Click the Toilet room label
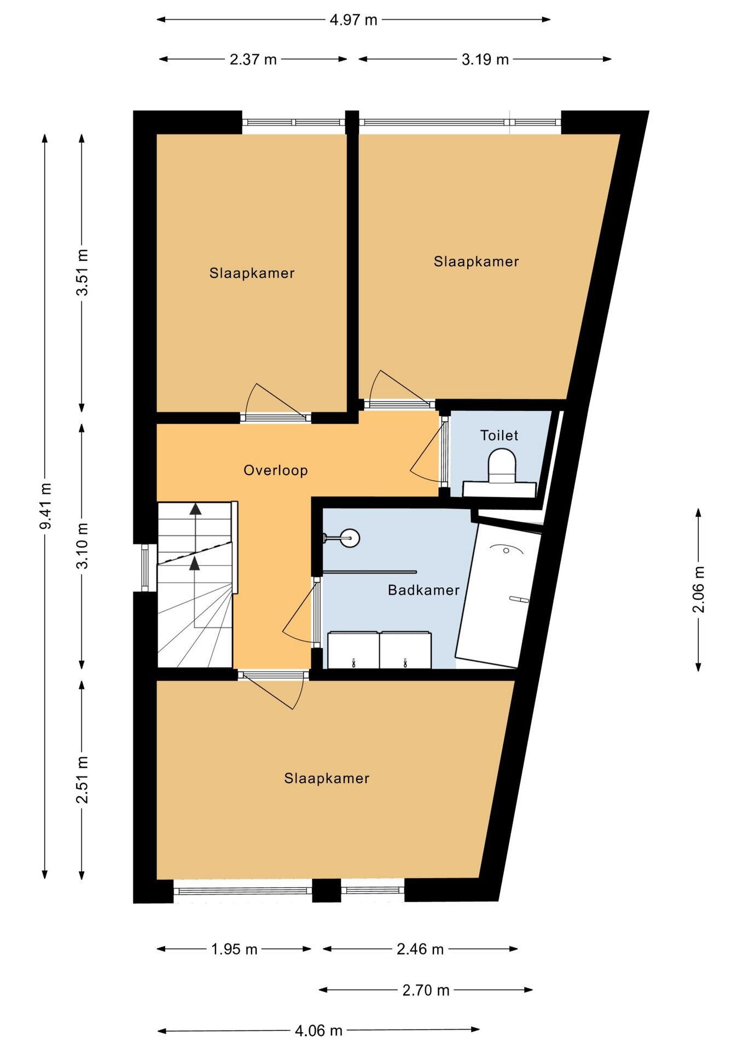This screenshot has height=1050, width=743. coord(499,435)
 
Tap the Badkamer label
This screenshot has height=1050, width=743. coord(423,590)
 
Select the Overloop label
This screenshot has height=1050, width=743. coord(276,470)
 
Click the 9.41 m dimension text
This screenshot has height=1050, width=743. coord(45,506)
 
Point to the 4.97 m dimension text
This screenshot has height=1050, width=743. coord(353,20)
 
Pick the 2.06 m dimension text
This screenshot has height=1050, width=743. coord(699,589)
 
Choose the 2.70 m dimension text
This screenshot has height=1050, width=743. coord(426,990)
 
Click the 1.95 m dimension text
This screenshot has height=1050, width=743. coord(234,949)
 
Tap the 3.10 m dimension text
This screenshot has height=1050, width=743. coord(83,546)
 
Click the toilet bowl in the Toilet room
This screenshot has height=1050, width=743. coord(502,465)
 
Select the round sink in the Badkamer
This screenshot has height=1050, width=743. coord(350,538)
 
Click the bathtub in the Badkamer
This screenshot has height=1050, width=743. coord(498,596)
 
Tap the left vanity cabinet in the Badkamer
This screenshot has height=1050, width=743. coord(353,650)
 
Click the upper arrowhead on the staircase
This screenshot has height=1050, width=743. coord(195,509)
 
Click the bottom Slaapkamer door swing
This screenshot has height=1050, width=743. coord(274,692)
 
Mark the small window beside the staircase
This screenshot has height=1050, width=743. coord(145,568)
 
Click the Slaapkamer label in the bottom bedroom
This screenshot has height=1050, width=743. coord(327,778)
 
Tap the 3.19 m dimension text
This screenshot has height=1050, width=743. coord(485,60)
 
